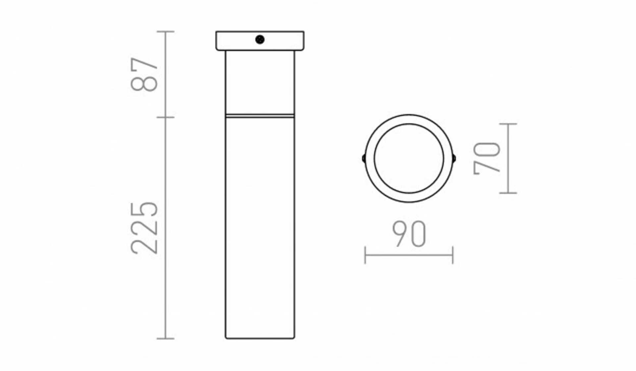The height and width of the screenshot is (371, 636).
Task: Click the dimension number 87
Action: (x=144, y=74)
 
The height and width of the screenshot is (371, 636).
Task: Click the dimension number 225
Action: (x=144, y=228)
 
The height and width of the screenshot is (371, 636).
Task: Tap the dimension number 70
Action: (x=487, y=158)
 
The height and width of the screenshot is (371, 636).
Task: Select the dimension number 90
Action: (x=409, y=234)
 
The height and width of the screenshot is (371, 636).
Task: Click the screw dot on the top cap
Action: (x=260, y=40)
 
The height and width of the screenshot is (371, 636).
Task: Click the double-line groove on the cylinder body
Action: (x=260, y=116)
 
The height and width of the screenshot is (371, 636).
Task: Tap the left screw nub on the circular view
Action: (x=364, y=158)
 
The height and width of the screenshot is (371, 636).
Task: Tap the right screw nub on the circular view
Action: (x=454, y=158)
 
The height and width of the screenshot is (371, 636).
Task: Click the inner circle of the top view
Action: (x=409, y=159)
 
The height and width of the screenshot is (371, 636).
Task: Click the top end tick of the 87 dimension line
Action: (x=165, y=32)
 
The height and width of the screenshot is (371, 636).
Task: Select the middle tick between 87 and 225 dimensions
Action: (x=165, y=117)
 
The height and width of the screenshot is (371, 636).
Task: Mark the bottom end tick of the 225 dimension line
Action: (x=165, y=339)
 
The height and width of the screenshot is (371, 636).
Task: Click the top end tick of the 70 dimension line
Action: (x=508, y=124)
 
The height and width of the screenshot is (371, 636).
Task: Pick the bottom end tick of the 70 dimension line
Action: (x=508, y=193)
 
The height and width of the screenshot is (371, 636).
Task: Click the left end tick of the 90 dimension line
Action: (x=365, y=255)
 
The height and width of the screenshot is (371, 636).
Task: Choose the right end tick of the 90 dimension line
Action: (x=452, y=255)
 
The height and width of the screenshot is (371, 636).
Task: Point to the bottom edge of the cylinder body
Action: (x=260, y=338)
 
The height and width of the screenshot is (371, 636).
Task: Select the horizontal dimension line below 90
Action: (x=409, y=255)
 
